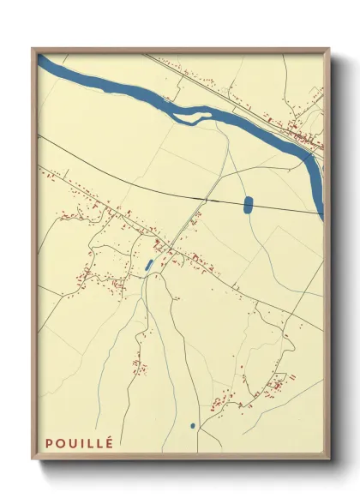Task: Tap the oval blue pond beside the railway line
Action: tap(248, 205)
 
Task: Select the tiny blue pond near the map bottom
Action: tap(193, 425)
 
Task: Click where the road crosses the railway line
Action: tap(203, 200)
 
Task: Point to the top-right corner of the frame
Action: tap(331, 49)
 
